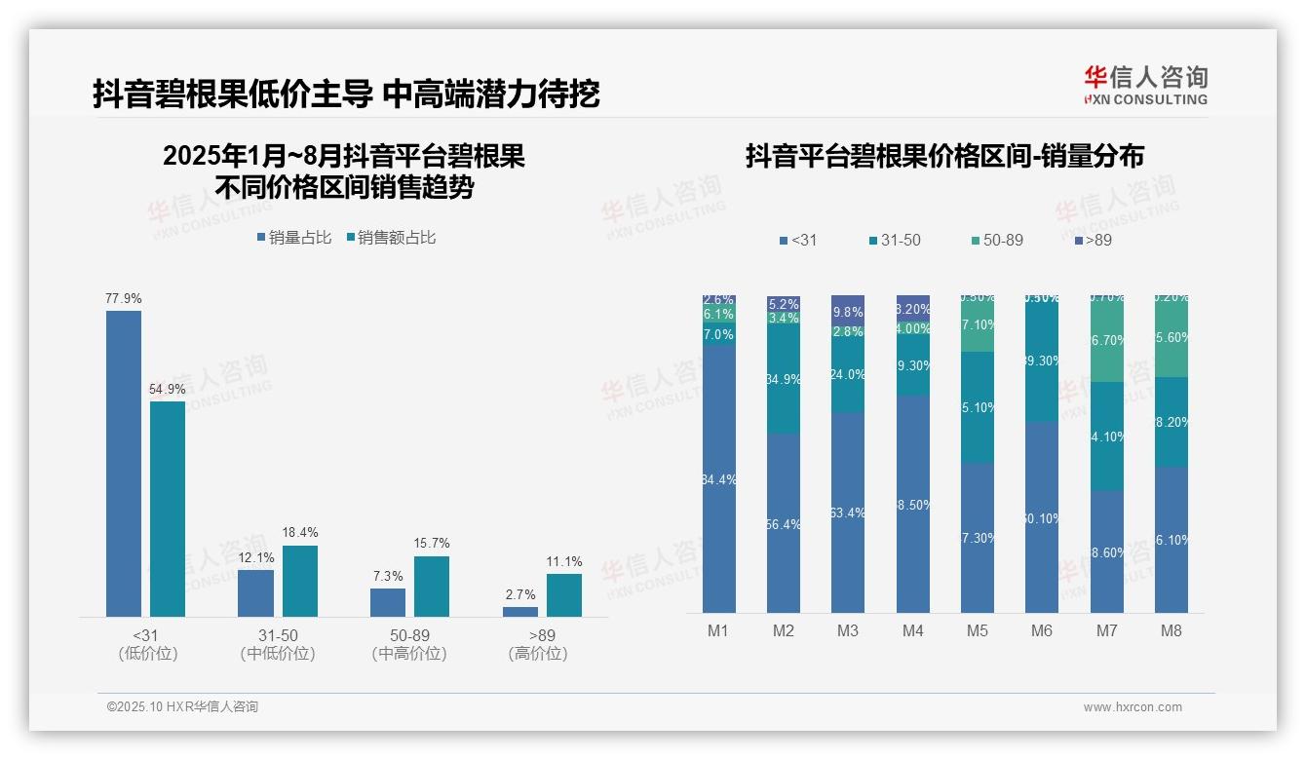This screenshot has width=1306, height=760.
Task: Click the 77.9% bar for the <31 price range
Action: pyautogui.click(x=124, y=463)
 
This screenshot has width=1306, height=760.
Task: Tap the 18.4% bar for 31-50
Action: pyautogui.click(x=300, y=581)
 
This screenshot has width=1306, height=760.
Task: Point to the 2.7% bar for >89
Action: pyautogui.click(x=520, y=612)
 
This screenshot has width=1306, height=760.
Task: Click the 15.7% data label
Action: pyautogui.click(x=432, y=544)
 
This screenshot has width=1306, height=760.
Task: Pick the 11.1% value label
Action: pyautogui.click(x=564, y=561)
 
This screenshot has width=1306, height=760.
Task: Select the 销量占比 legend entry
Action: pyautogui.click(x=294, y=238)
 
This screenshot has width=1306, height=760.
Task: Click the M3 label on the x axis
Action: pyautogui.click(x=848, y=631)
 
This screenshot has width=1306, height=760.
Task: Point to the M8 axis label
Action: pyautogui.click(x=1172, y=631)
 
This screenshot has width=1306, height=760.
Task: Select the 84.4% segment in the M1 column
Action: pyautogui.click(x=719, y=478)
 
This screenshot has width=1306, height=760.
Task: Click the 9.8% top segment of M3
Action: pyautogui.click(x=848, y=311)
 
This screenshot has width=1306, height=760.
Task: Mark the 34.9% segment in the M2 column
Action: pyautogui.click(x=784, y=379)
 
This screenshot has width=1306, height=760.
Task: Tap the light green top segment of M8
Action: pyautogui.click(x=1172, y=337)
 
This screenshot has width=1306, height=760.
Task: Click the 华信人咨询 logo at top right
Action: pyautogui.click(x=1145, y=85)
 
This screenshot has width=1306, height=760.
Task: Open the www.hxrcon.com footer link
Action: pyautogui.click(x=1133, y=707)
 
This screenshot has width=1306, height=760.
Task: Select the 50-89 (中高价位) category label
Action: pyautogui.click(x=409, y=644)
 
